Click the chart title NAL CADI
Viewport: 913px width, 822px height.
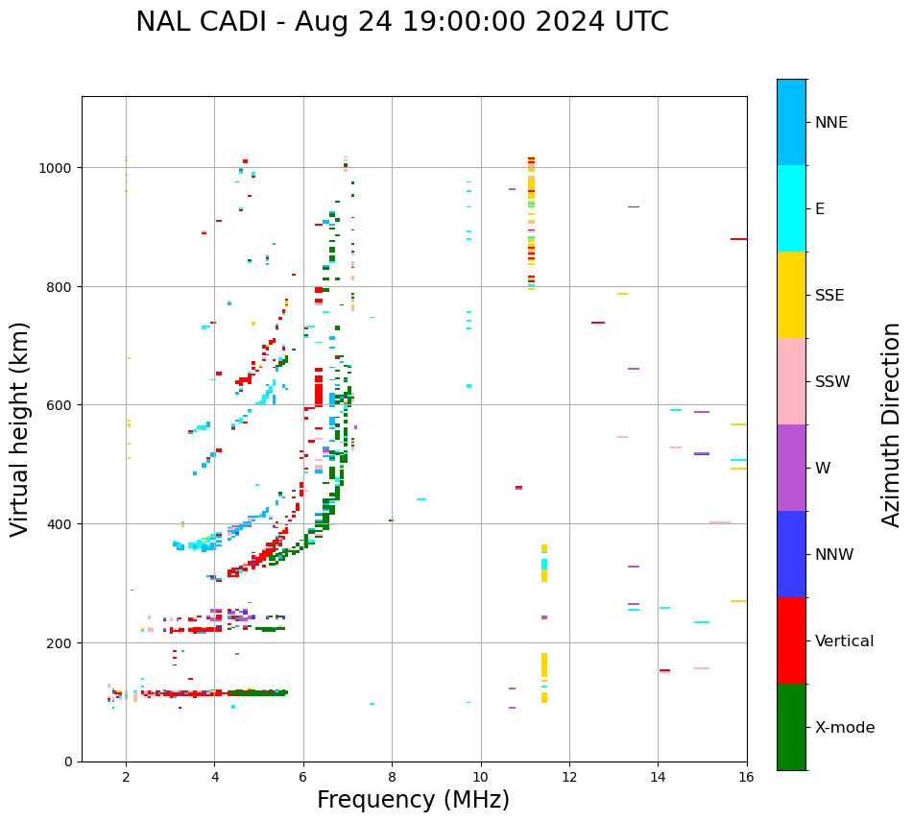(x=401, y=22)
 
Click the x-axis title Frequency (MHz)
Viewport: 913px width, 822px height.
(x=413, y=800)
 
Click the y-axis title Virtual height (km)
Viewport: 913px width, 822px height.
(x=21, y=429)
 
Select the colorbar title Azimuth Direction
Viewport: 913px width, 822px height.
(x=892, y=424)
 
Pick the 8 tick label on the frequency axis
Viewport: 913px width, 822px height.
(x=392, y=779)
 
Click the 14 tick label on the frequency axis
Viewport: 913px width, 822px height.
(x=658, y=779)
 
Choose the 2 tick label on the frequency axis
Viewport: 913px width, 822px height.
(x=126, y=779)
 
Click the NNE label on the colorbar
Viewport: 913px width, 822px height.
(x=831, y=123)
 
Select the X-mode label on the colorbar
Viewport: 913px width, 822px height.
(x=845, y=728)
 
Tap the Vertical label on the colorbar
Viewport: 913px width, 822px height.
(x=845, y=641)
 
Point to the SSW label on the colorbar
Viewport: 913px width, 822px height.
(x=832, y=382)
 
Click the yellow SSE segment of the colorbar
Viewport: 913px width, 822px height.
(x=791, y=295)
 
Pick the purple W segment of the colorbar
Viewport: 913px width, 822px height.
(x=791, y=468)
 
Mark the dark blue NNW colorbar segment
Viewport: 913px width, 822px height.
(x=791, y=554)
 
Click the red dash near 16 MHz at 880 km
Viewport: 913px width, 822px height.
(x=738, y=239)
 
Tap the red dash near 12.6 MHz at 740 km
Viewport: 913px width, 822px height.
(x=598, y=323)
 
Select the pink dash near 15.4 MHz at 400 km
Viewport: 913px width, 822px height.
(x=720, y=523)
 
